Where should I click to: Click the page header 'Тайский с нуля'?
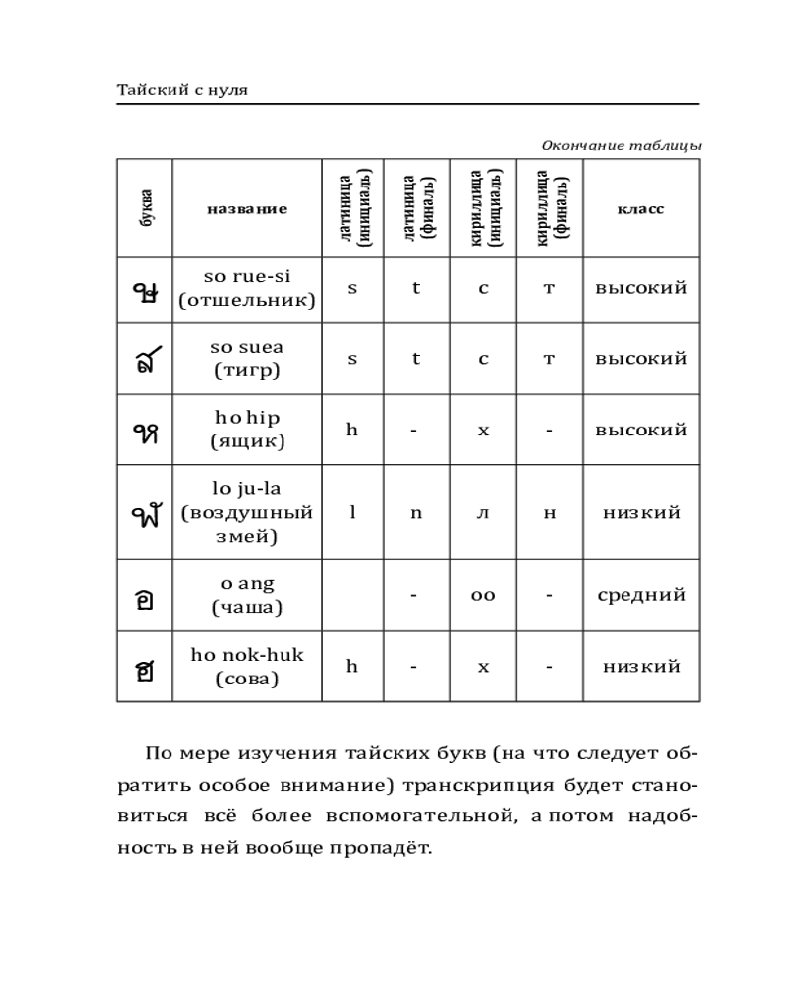(182, 90)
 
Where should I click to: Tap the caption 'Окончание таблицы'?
(622, 146)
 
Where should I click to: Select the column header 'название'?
(248, 209)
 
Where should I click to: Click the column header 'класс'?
(640, 209)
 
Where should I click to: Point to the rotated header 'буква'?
(146, 209)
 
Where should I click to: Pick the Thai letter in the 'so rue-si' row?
(146, 289)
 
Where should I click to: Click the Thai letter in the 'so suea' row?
(146, 360)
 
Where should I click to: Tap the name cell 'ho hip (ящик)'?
(248, 431)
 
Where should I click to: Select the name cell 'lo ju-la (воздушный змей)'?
(248, 513)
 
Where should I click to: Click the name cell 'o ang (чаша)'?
(248, 595)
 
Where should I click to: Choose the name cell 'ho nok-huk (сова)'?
(248, 667)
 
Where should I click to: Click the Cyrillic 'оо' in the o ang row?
(483, 596)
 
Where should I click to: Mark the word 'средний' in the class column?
(641, 595)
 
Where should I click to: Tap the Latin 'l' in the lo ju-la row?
(351, 513)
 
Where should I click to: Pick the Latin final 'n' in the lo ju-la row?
(416, 513)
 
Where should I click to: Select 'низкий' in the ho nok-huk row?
(641, 667)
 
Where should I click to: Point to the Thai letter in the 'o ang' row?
(146, 597)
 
